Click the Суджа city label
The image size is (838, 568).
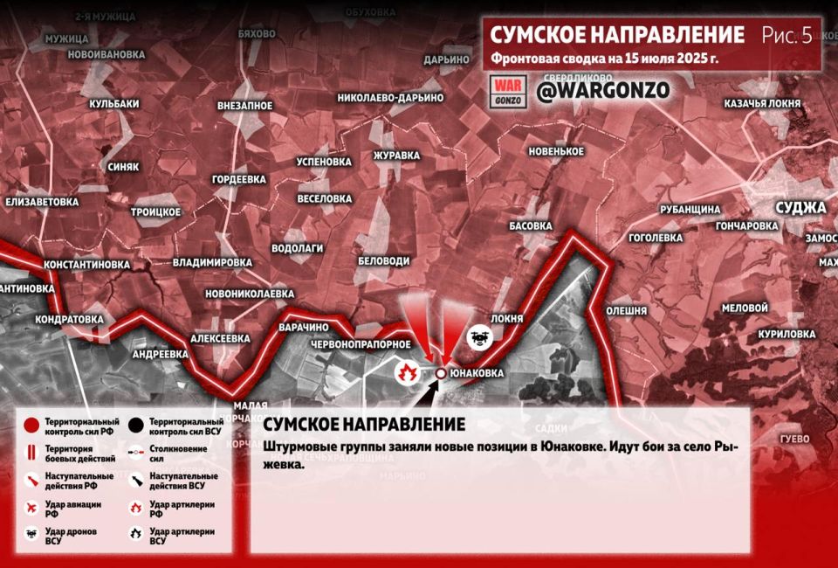(x=800, y=207)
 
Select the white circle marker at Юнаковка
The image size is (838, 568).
(x=441, y=373)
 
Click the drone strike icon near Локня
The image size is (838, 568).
(x=478, y=338)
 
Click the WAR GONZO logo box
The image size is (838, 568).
(x=507, y=91)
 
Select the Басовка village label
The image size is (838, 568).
(x=530, y=225)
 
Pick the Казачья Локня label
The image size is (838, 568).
(x=761, y=103)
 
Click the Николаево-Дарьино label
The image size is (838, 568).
(x=390, y=98)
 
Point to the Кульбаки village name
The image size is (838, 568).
(x=113, y=104)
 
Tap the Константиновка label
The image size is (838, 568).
(x=86, y=264)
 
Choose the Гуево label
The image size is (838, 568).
(x=794, y=438)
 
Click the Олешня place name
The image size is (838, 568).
(x=626, y=310)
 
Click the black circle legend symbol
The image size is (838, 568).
(x=135, y=426)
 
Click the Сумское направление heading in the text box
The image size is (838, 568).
(x=363, y=425)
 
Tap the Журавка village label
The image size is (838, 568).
(x=396, y=156)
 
